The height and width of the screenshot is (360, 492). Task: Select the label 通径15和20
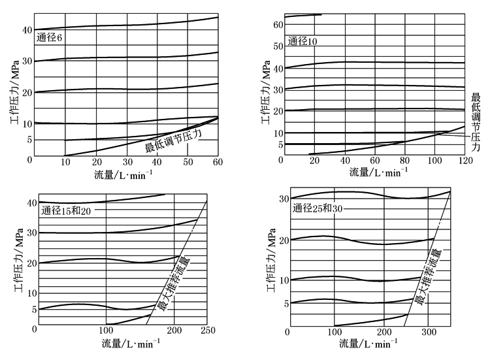click(66, 211)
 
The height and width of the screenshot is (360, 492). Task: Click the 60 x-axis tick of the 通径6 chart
click(218, 162)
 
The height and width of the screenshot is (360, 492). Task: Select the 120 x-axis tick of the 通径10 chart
click(465, 161)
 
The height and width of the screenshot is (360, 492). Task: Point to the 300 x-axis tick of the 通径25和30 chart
click(428, 331)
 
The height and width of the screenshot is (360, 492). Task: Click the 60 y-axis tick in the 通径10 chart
click(278, 25)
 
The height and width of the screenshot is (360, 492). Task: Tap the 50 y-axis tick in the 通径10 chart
click(278, 46)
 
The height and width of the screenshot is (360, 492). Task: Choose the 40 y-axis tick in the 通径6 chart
click(28, 30)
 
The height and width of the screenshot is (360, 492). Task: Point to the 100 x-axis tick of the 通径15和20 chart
click(106, 330)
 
